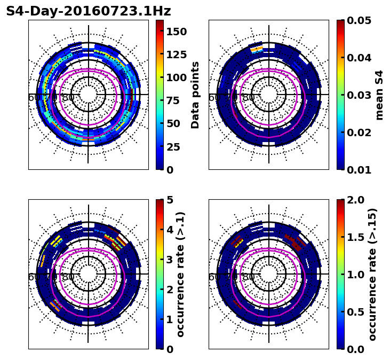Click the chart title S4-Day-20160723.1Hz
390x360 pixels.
[89, 11]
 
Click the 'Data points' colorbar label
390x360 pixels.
[195, 95]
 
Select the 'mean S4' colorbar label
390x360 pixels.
[379, 95]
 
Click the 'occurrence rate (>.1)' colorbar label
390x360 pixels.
[180, 275]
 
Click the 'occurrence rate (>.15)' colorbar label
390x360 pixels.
[372, 275]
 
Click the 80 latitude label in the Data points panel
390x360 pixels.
[68, 98]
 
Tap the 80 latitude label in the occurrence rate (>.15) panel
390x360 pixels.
[249, 277]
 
